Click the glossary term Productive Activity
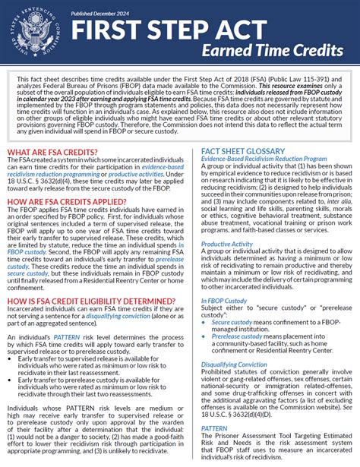226,244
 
